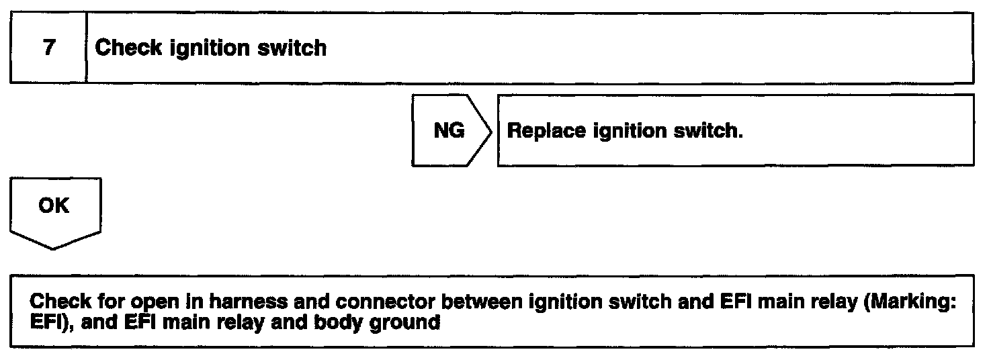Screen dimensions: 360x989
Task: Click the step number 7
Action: click(x=48, y=48)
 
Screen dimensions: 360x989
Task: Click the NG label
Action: click(x=449, y=131)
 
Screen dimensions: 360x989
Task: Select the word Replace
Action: click(x=546, y=131)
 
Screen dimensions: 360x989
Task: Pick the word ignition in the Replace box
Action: click(x=626, y=132)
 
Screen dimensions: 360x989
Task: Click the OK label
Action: click(x=54, y=206)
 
